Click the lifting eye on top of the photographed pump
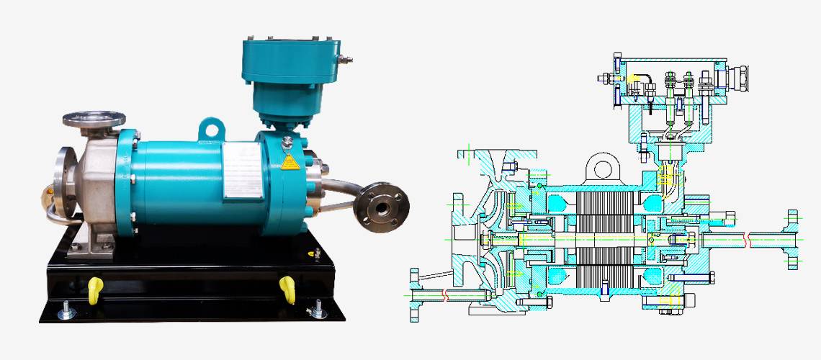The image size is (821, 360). tap(210, 128)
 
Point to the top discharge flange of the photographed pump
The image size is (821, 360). tap(93, 119)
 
